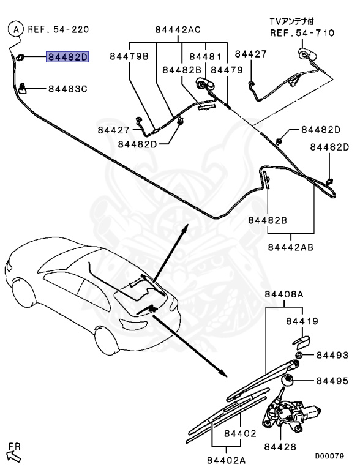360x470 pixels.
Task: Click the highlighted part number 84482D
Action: [x=68, y=58]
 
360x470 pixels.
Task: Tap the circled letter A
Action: [x=16, y=28]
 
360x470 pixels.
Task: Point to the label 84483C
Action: [x=68, y=89]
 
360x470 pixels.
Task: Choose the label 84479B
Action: [x=129, y=56]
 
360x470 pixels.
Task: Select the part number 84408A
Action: [x=284, y=294]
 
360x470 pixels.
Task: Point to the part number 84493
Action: [x=332, y=355]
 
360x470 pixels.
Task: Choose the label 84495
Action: [x=332, y=381]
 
